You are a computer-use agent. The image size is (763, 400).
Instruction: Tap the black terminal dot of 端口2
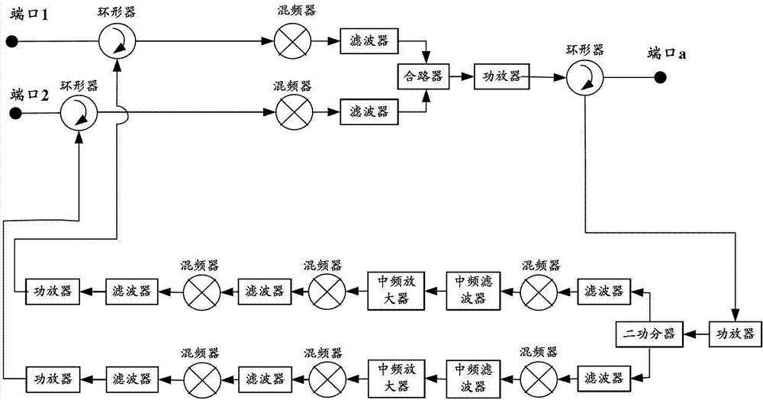(x=14, y=115)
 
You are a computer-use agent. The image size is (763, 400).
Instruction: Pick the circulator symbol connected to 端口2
(x=79, y=115)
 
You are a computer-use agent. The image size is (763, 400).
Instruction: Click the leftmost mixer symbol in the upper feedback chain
(x=200, y=291)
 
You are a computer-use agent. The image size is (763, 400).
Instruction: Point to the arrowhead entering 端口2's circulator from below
(x=79, y=135)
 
